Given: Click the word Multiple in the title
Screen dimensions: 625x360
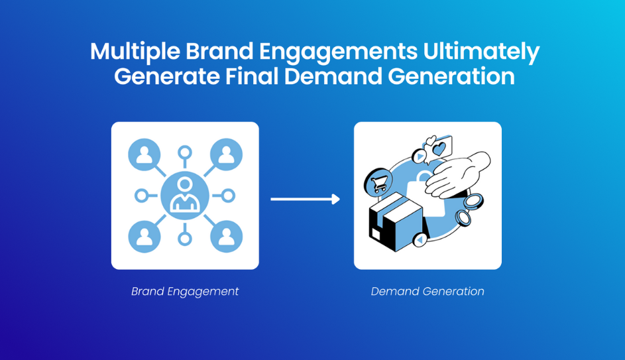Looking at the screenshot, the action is click(x=135, y=52).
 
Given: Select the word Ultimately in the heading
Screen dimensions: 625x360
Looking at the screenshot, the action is click(x=481, y=52).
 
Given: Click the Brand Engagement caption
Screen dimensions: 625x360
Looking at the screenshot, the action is click(x=185, y=292).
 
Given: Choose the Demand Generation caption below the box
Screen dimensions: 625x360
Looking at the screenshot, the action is click(x=427, y=292).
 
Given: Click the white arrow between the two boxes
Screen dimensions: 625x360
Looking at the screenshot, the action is click(x=306, y=199).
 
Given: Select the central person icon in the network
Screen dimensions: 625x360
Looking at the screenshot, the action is click(x=185, y=196).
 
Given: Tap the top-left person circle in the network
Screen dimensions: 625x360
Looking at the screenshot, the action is click(x=144, y=154).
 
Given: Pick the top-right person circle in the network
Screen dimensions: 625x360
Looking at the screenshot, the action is click(x=227, y=154).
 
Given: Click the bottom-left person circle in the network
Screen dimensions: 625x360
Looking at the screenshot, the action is click(x=144, y=237).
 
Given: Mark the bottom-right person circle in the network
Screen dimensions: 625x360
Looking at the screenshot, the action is click(x=227, y=237).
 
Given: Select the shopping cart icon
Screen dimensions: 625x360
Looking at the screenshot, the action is click(x=378, y=183).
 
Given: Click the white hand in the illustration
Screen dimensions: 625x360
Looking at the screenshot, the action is click(x=459, y=174).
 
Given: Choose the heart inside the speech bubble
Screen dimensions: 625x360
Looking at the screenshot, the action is click(x=439, y=149).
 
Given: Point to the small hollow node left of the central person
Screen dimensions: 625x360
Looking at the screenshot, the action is click(x=141, y=196).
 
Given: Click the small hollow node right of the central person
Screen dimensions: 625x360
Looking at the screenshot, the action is click(x=229, y=196).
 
